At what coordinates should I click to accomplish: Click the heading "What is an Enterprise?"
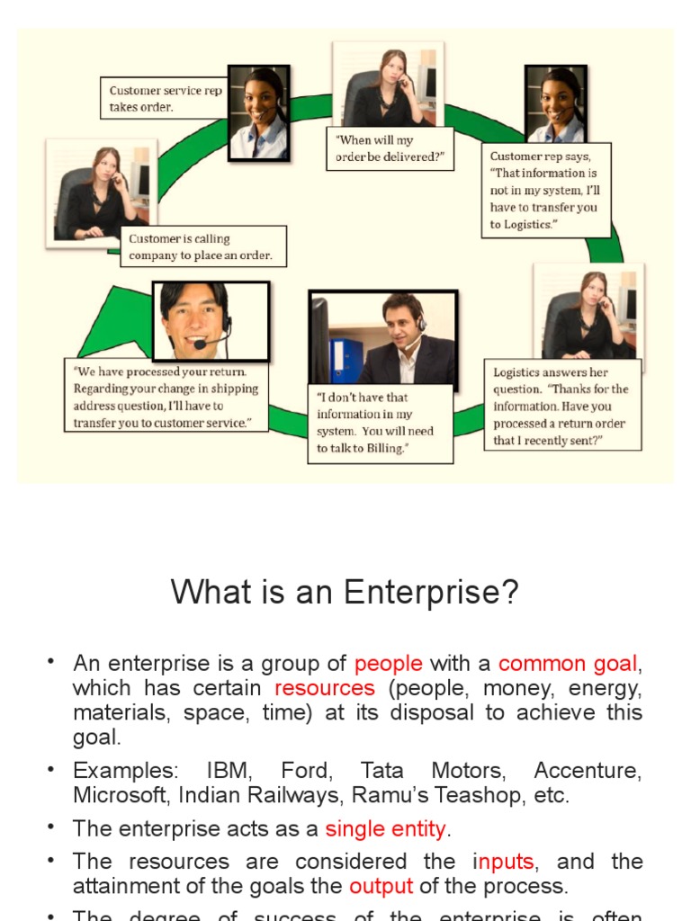pyautogui.click(x=345, y=594)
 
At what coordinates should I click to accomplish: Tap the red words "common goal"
pyautogui.click(x=568, y=664)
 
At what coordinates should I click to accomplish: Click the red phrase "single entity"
pyautogui.click(x=386, y=827)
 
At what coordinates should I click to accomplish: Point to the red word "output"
pyautogui.click(x=381, y=886)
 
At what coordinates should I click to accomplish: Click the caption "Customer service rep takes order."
pyautogui.click(x=162, y=98)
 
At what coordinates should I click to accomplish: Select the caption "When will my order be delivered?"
pyautogui.click(x=390, y=148)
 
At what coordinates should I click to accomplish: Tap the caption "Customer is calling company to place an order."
pyautogui.click(x=202, y=247)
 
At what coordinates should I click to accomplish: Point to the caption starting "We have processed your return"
pyautogui.click(x=166, y=397)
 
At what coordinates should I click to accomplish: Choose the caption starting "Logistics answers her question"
pyautogui.click(x=564, y=406)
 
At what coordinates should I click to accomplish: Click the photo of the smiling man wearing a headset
pyautogui.click(x=211, y=321)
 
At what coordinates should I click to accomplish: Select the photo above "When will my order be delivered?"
pyautogui.click(x=388, y=84)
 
